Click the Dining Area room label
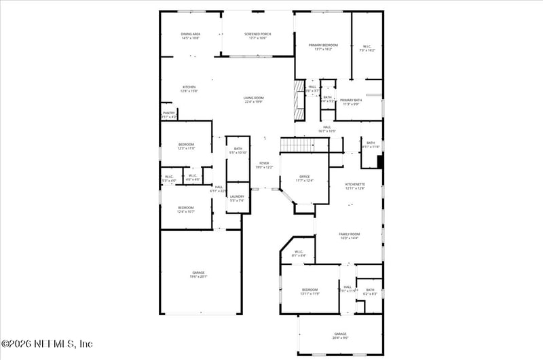pos(190,36)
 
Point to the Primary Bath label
pos(352,102)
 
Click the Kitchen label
pos(189,89)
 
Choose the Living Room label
pos(254,100)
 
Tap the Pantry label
pos(168,115)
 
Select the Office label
pos(305,179)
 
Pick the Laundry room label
pos(237,198)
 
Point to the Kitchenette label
pos(355,185)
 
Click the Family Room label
pos(349,236)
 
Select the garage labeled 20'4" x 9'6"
pos(340,336)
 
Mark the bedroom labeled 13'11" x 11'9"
pos(310,291)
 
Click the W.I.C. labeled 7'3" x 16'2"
pos(367,48)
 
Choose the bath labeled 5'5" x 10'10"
pos(238,151)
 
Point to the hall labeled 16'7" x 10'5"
pos(327,129)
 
